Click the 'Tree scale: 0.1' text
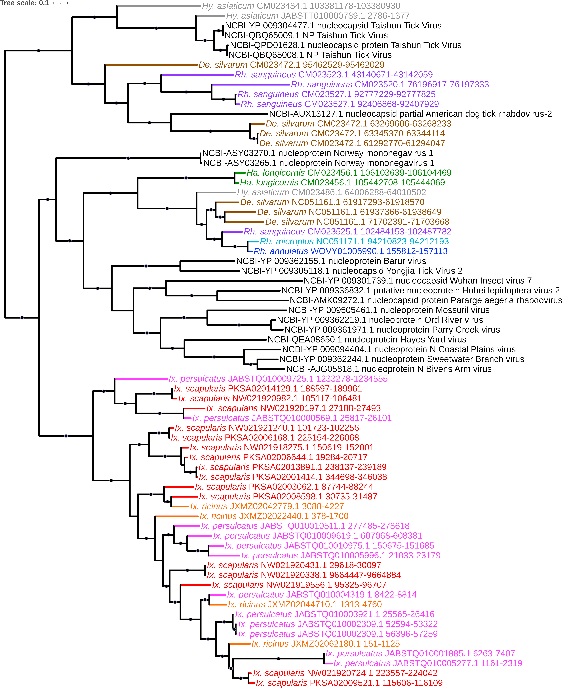pos(24,3)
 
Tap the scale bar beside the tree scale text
pos(60,3)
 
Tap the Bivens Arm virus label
pos(389,369)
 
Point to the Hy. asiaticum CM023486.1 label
pos(331,192)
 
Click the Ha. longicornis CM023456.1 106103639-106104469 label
pos(349,173)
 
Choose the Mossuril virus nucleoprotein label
pos(389,310)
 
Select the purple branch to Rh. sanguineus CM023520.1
pos(251,85)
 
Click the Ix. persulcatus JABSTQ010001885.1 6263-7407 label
pos(420,653)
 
